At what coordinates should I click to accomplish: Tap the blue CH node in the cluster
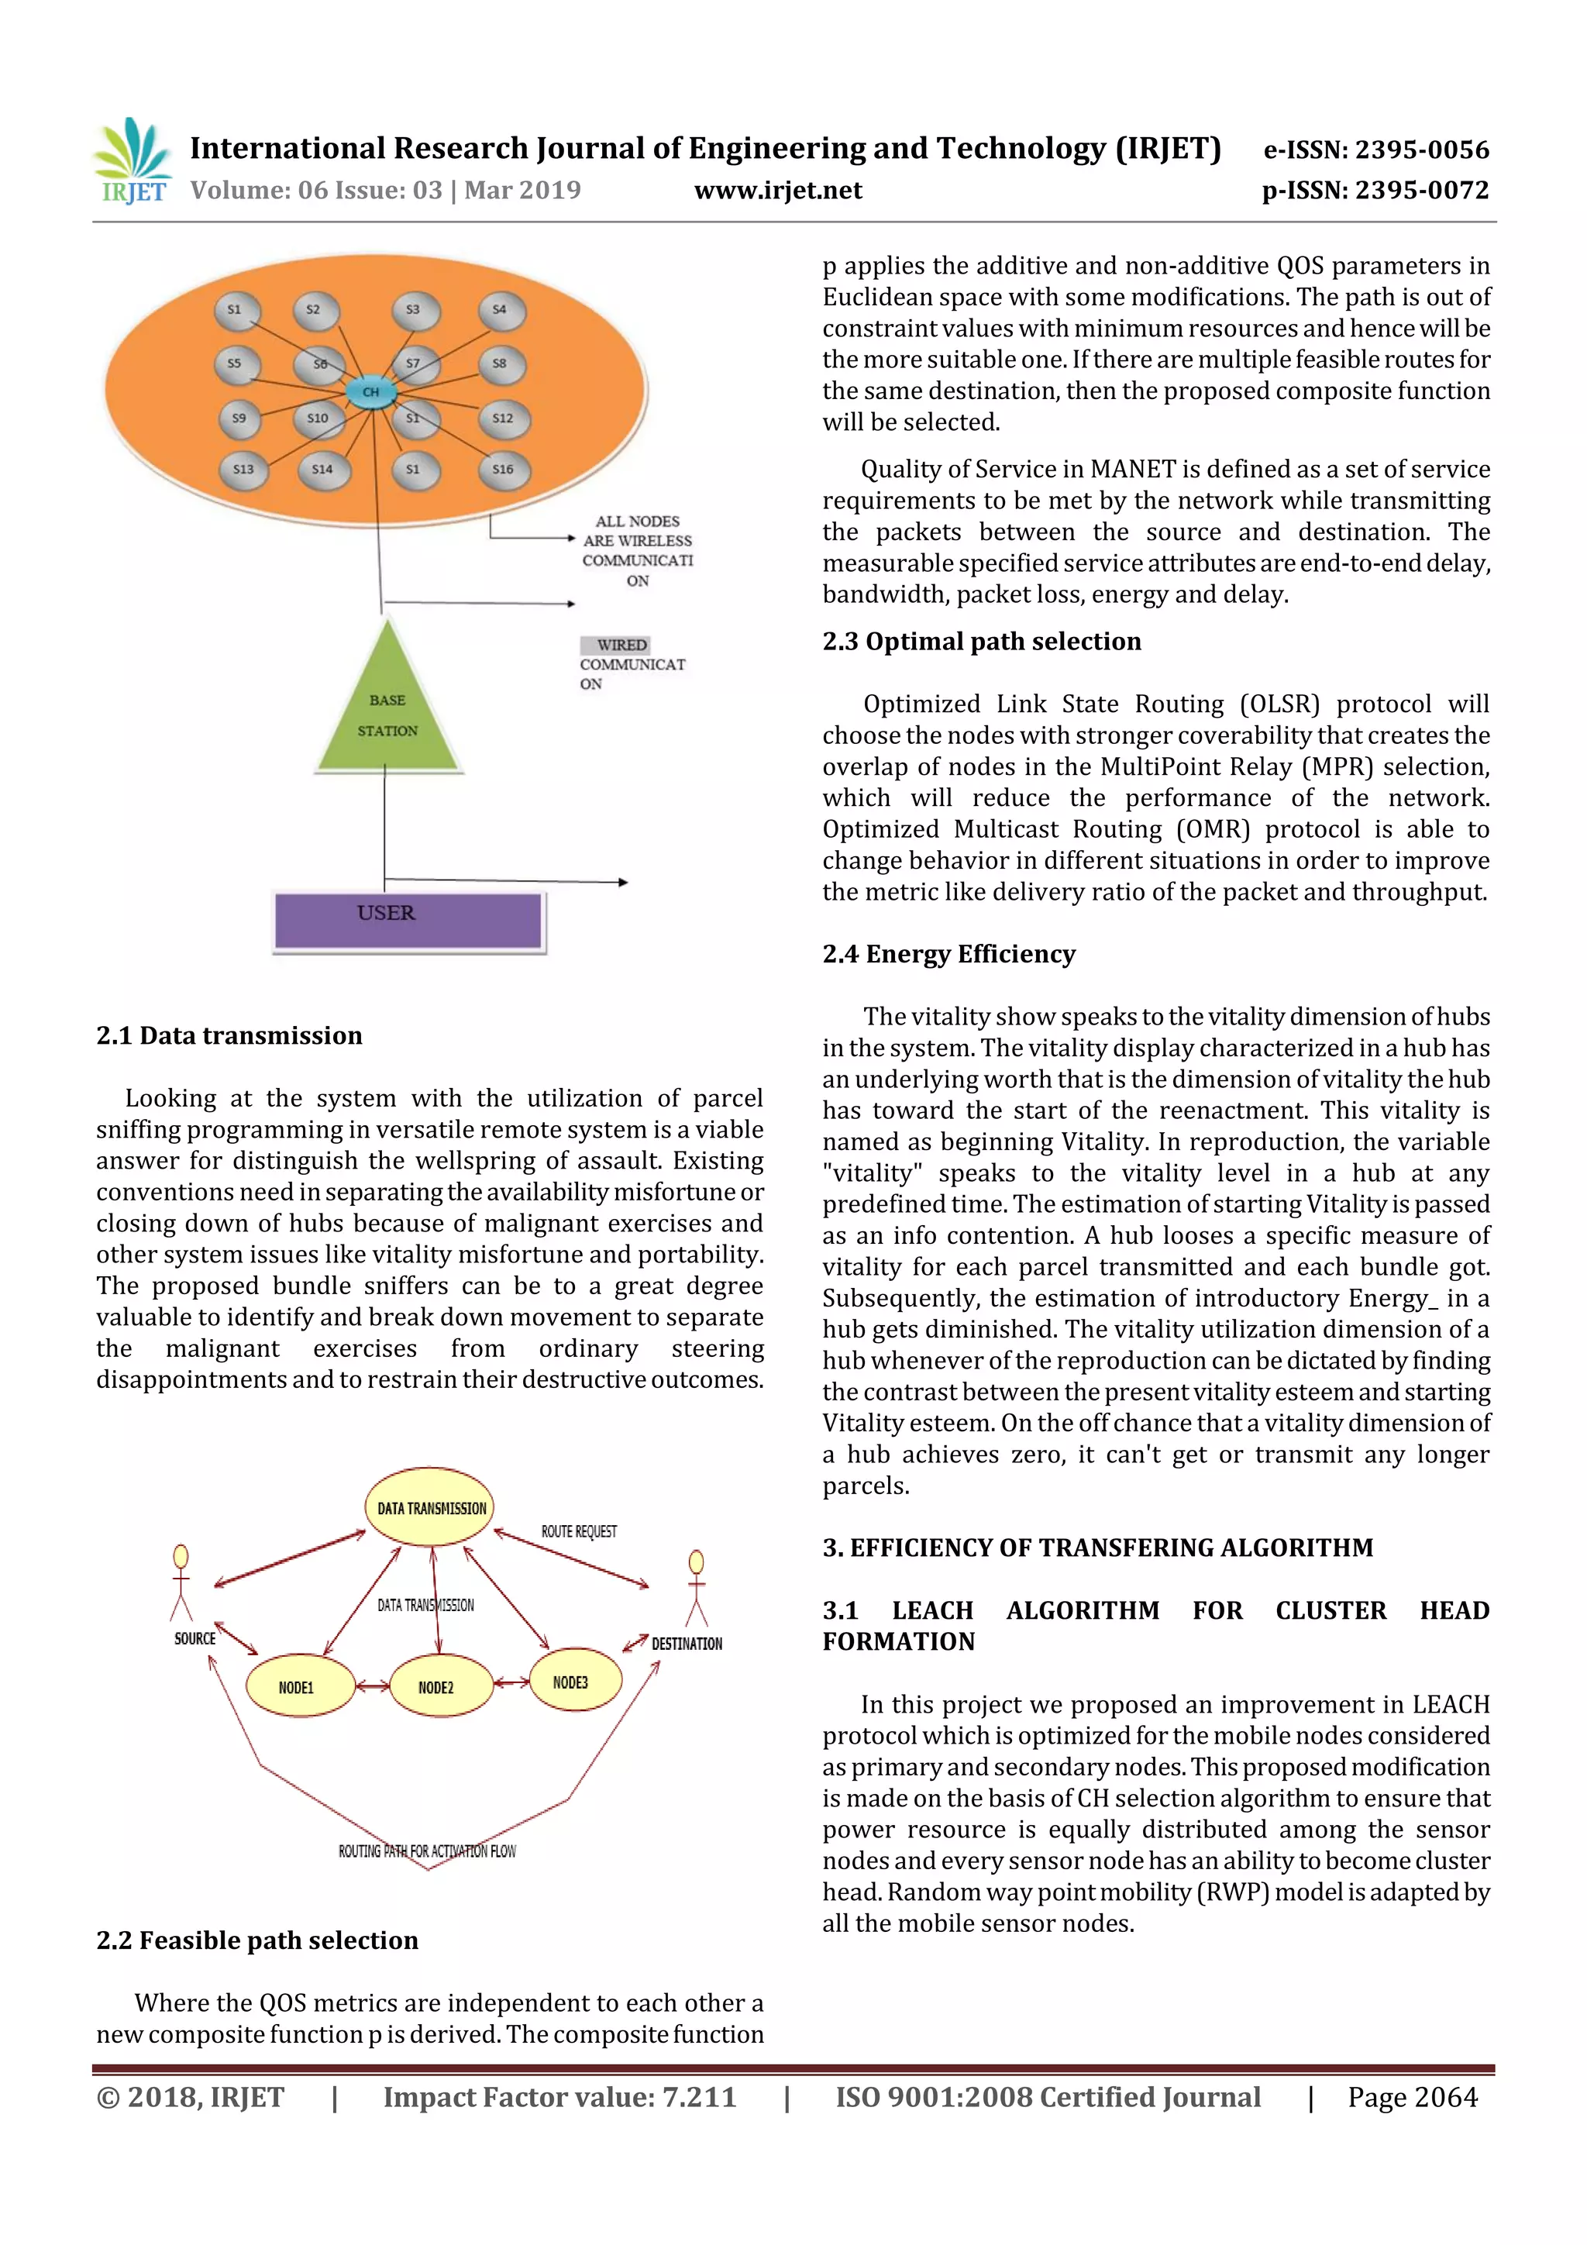pyautogui.click(x=370, y=392)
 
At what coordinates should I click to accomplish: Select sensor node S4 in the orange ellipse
pyautogui.click(x=501, y=310)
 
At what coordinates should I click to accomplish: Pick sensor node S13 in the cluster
pyautogui.click(x=243, y=470)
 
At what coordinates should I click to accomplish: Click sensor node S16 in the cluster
pyautogui.click(x=503, y=470)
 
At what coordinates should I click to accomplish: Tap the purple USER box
pyautogui.click(x=408, y=920)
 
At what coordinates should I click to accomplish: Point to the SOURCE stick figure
pyautogui.click(x=181, y=1583)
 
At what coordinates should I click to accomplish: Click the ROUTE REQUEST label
pyautogui.click(x=579, y=1531)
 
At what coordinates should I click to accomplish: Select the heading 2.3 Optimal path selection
pyautogui.click(x=981, y=642)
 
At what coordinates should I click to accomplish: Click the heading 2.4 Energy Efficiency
pyautogui.click(x=948, y=953)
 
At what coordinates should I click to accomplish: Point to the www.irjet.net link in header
pyautogui.click(x=777, y=190)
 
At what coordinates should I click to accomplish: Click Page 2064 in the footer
pyautogui.click(x=1412, y=2097)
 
